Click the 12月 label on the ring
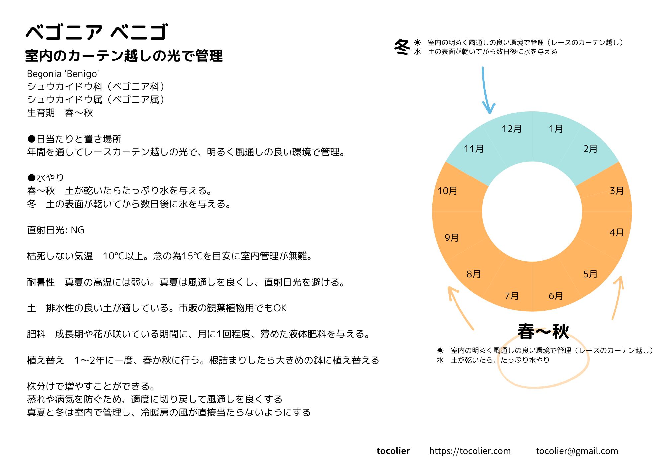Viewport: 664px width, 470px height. [x=511, y=129]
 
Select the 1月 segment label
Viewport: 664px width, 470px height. [x=556, y=129]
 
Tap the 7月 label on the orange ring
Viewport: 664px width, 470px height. [x=511, y=296]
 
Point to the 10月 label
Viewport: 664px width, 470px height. [x=447, y=191]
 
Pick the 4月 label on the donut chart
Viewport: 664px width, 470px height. [x=617, y=233]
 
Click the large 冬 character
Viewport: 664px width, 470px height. [x=402, y=47]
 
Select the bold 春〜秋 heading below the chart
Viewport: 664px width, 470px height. [x=543, y=332]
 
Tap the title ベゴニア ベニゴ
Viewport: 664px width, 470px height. [x=97, y=32]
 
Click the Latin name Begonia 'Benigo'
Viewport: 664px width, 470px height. [x=63, y=74]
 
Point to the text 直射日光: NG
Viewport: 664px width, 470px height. [x=55, y=230]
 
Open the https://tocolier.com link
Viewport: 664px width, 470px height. [x=470, y=451]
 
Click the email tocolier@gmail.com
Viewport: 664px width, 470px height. [x=577, y=451]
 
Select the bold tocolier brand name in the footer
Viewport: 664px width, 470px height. [x=393, y=451]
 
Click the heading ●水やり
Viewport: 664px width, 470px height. [x=45, y=178]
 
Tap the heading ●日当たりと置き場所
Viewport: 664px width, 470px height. [x=74, y=139]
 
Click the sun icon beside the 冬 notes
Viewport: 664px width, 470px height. [x=417, y=43]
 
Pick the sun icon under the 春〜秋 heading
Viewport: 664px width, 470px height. [x=440, y=350]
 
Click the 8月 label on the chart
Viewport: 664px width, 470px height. [x=473, y=274]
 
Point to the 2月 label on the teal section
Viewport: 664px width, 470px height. [x=590, y=149]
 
